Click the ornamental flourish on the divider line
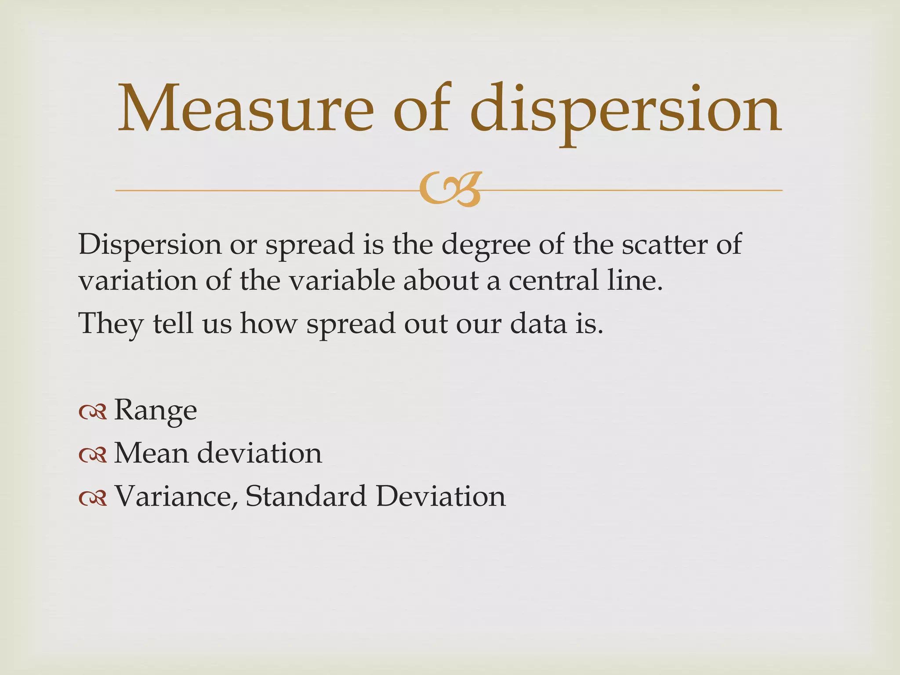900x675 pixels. point(450,190)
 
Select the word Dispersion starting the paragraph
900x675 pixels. point(149,244)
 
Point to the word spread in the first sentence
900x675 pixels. point(310,245)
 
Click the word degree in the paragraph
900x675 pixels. point(486,245)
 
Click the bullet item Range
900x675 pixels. point(155,411)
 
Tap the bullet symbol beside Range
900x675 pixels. point(93,412)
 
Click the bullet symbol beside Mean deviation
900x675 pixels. point(93,455)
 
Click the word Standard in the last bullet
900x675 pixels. point(306,496)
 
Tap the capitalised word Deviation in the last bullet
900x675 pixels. point(441,496)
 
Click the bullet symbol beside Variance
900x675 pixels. point(93,498)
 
